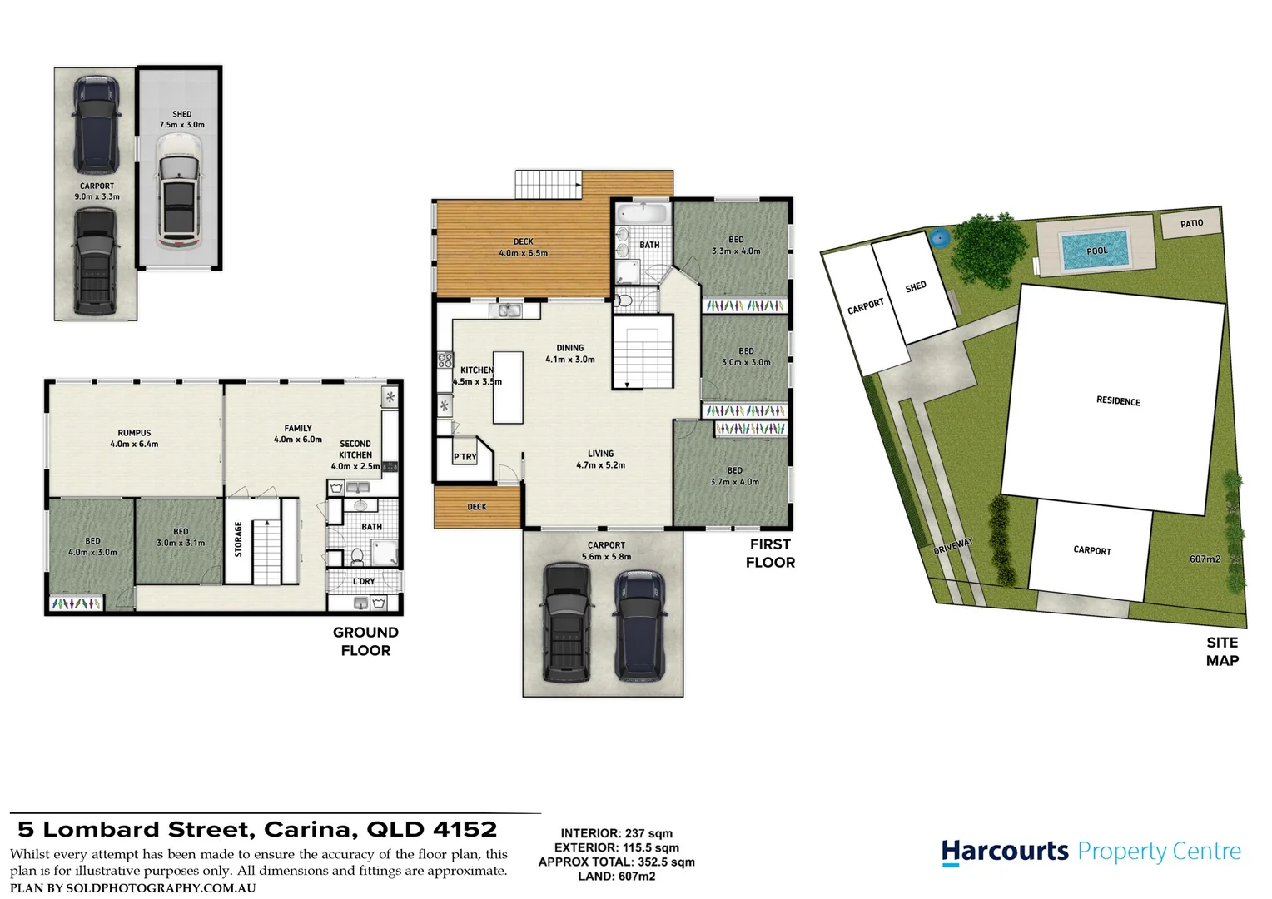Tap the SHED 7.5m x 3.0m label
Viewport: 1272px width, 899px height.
(x=181, y=119)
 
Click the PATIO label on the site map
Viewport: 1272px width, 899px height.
(x=1191, y=223)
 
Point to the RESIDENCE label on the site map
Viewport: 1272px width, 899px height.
(x=1118, y=401)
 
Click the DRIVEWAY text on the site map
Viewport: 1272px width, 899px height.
(x=953, y=547)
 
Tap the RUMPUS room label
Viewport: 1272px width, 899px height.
(x=134, y=438)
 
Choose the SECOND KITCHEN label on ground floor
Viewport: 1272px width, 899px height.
(x=355, y=455)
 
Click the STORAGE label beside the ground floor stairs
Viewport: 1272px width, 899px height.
(x=238, y=539)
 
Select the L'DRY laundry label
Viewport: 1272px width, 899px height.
(x=364, y=581)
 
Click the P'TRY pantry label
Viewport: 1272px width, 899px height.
(x=465, y=457)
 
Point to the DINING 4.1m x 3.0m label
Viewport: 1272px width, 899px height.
(x=570, y=354)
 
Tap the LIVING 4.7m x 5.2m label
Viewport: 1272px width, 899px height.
(x=600, y=459)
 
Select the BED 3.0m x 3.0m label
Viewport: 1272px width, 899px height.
(x=746, y=356)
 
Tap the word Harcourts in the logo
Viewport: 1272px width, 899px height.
(x=1005, y=852)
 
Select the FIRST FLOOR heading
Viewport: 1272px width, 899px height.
(x=770, y=554)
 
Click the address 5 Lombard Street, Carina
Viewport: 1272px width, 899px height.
(x=257, y=830)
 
